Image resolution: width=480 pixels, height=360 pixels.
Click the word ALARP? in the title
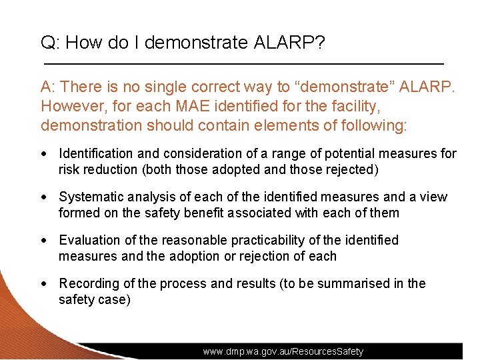click(289, 43)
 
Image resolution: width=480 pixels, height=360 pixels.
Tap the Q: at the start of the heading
click(51, 43)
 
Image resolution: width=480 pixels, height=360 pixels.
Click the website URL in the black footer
click(283, 351)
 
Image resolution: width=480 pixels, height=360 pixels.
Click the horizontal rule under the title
click(243, 63)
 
